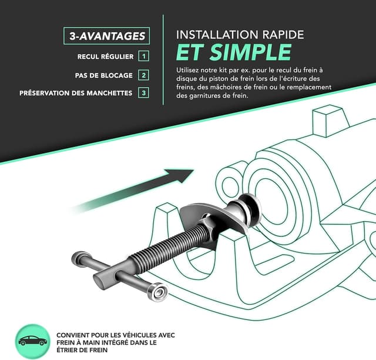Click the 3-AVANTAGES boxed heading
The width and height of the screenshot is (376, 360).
click(107, 36)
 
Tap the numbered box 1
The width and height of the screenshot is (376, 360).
click(143, 56)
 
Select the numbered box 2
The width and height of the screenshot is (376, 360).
click(143, 75)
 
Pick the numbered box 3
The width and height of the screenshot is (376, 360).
click(143, 93)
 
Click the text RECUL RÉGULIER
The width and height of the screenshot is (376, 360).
click(105, 56)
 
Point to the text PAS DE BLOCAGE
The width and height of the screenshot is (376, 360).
click(103, 75)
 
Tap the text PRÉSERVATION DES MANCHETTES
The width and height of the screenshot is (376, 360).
click(76, 93)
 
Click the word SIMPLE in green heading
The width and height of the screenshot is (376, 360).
click(251, 52)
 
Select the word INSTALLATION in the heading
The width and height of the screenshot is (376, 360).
click(217, 35)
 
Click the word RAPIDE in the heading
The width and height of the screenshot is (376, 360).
click(283, 35)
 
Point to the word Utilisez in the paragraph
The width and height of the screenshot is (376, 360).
click(187, 70)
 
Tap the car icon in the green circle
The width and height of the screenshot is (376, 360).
click(33, 341)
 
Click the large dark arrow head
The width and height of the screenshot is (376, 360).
click(180, 175)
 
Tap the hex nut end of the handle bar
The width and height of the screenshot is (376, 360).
click(157, 292)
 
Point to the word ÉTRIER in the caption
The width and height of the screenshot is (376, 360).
click(66, 350)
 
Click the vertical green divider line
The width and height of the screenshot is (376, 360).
click(163, 60)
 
